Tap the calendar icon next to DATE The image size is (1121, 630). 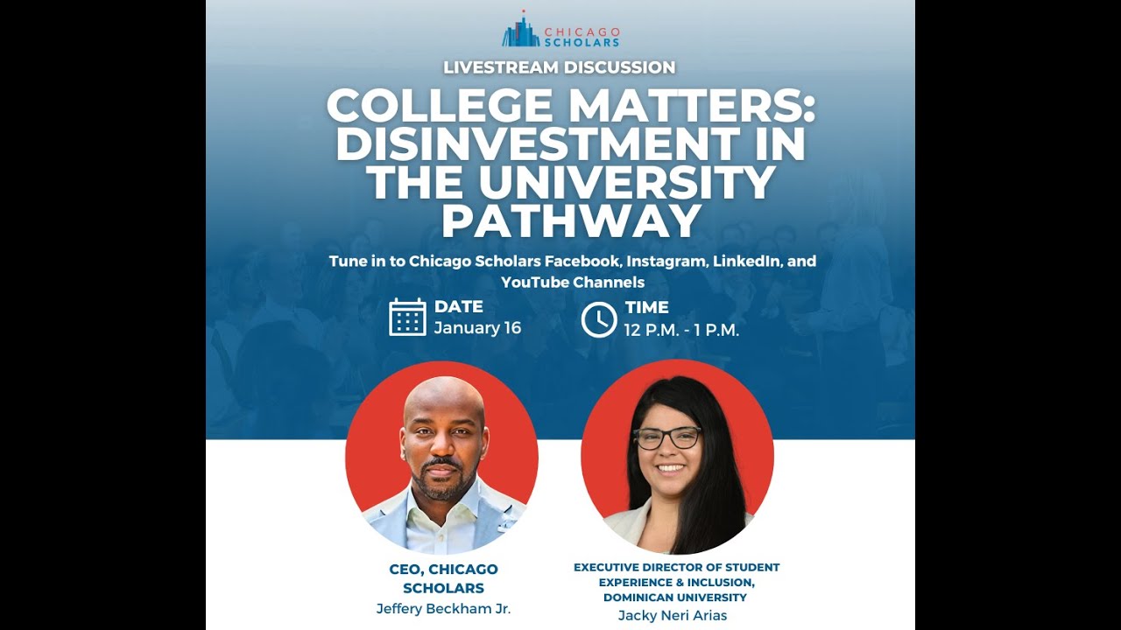pos(407,318)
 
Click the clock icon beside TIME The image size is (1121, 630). pos(599,319)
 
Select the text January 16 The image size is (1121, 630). pos(477,328)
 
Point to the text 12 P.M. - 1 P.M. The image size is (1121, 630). pos(681,330)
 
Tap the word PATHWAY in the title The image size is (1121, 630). pos(571,221)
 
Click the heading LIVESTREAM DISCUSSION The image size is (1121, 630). pos(560,67)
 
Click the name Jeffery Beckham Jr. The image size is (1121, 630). pos(443,609)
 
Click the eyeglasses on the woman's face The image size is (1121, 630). pos(667,437)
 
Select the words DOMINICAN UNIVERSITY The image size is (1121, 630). pos(675,598)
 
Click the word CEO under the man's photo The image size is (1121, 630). pos(405,570)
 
